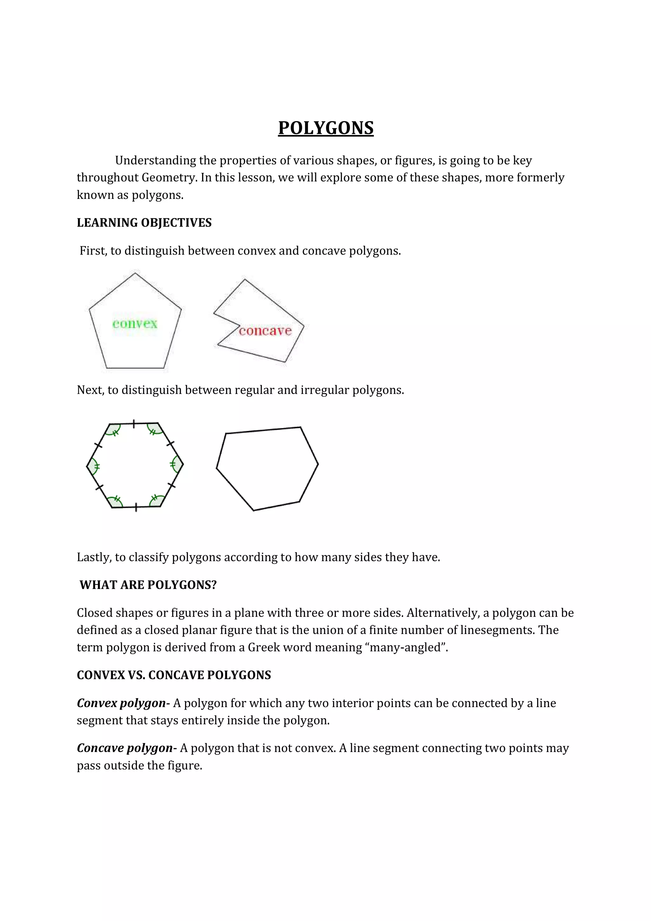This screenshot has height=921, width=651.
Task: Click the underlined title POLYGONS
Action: (x=326, y=128)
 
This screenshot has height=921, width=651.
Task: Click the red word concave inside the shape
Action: (x=265, y=331)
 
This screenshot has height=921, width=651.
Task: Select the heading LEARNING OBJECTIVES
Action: (x=144, y=223)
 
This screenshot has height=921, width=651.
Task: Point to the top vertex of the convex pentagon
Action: (x=135, y=274)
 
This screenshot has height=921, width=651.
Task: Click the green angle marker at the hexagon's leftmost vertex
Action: (x=93, y=466)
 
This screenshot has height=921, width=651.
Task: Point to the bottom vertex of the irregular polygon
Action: (x=253, y=510)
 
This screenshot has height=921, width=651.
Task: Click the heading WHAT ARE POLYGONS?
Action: (x=148, y=585)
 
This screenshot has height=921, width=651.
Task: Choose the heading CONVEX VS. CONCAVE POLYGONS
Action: (x=174, y=675)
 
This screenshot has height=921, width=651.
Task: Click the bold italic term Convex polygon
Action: (x=121, y=703)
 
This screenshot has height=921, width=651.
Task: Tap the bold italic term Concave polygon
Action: (x=125, y=748)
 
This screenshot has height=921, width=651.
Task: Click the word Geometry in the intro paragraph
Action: (x=169, y=177)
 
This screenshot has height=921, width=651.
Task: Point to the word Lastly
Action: (x=94, y=557)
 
